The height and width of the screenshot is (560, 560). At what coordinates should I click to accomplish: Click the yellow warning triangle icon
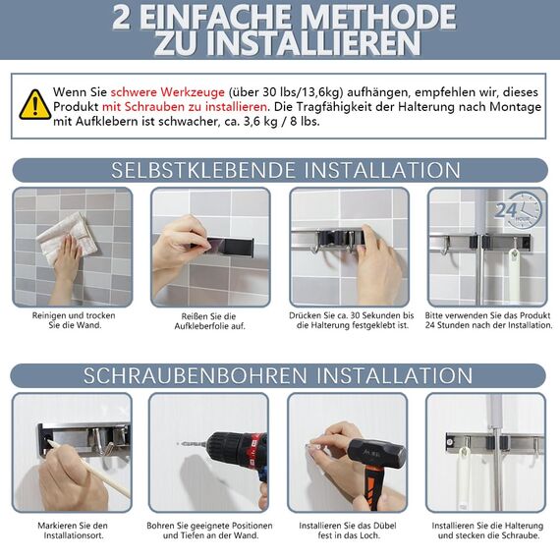click(35, 103)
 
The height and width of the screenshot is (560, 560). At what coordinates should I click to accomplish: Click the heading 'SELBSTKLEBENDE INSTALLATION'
click(280, 170)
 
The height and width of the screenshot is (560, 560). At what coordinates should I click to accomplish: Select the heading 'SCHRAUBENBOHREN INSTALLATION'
click(280, 375)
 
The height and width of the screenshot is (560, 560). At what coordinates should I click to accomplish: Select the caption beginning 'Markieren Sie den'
click(72, 530)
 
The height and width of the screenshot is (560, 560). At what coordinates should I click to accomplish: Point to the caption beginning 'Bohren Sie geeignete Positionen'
click(209, 530)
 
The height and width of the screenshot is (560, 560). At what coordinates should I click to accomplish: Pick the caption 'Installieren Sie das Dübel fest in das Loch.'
click(348, 530)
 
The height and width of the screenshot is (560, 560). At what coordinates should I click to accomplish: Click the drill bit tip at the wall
click(181, 443)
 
